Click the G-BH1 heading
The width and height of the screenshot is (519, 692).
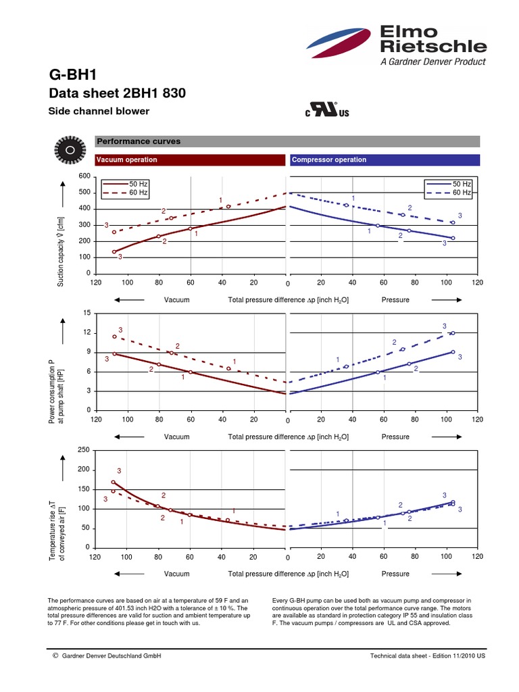(68, 74)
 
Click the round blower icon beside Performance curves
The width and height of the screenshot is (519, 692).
(68, 149)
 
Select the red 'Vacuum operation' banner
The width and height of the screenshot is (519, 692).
(190, 160)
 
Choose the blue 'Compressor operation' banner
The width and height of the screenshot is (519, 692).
(384, 160)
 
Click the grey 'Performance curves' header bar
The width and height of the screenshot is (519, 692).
(287, 142)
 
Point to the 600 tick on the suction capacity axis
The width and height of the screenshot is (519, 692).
(84, 176)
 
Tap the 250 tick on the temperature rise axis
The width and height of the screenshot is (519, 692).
(84, 450)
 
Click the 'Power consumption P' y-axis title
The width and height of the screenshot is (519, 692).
(52, 392)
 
